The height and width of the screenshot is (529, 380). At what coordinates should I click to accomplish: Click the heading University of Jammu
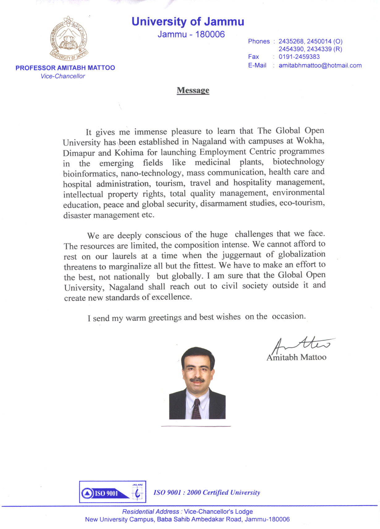(x=188, y=22)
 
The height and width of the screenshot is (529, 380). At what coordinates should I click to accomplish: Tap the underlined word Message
(x=193, y=90)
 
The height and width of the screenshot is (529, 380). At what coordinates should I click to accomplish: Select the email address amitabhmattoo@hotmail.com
(x=320, y=66)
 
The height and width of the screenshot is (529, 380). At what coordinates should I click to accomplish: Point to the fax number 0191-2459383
(x=299, y=57)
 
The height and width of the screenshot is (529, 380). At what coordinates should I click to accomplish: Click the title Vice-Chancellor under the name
(x=63, y=76)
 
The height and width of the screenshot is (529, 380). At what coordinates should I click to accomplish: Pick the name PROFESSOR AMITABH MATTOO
(x=65, y=68)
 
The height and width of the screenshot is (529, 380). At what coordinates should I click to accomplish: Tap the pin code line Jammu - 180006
(x=191, y=34)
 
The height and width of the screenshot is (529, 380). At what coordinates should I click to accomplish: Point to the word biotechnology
(x=298, y=162)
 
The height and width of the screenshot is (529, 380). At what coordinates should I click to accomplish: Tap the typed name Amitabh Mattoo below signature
(x=296, y=357)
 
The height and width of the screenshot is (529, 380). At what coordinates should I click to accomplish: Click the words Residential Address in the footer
(x=150, y=512)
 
